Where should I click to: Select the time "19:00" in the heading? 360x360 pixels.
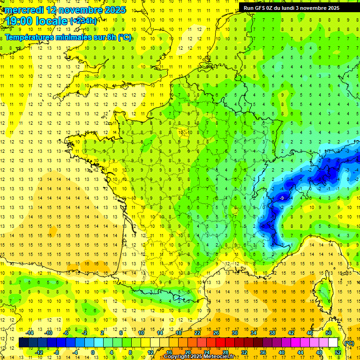pyautogui.click(x=19, y=21)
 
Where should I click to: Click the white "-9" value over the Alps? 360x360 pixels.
pyautogui.click(x=281, y=198)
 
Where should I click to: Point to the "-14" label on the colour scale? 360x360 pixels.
pyautogui.click(x=30, y=333)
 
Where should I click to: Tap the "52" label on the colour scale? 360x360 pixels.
pyautogui.click(x=338, y=352)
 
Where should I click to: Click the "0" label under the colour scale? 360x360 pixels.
pyautogui.click(x=93, y=352)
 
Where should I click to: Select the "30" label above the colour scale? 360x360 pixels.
pyautogui.click(x=234, y=333)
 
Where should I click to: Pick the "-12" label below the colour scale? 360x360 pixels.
pyautogui.click(x=39, y=352)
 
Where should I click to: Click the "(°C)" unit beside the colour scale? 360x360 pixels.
pyautogui.click(x=349, y=343)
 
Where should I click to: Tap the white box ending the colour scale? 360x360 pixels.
pyautogui.click(x=333, y=343)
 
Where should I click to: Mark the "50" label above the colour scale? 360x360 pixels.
pyautogui.click(x=329, y=333)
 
